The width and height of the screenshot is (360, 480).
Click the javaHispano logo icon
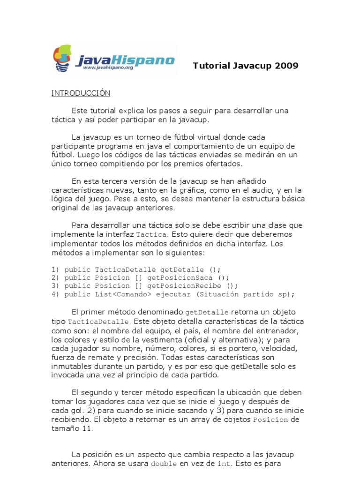coord(63,58)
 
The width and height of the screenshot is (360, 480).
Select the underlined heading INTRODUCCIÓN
coord(81,93)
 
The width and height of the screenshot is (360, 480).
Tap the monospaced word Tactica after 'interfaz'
coord(150,234)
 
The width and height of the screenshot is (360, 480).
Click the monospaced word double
coord(164,464)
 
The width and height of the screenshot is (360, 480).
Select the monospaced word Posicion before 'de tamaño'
coord(270,420)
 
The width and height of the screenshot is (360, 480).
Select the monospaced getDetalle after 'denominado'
coord(207,312)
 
